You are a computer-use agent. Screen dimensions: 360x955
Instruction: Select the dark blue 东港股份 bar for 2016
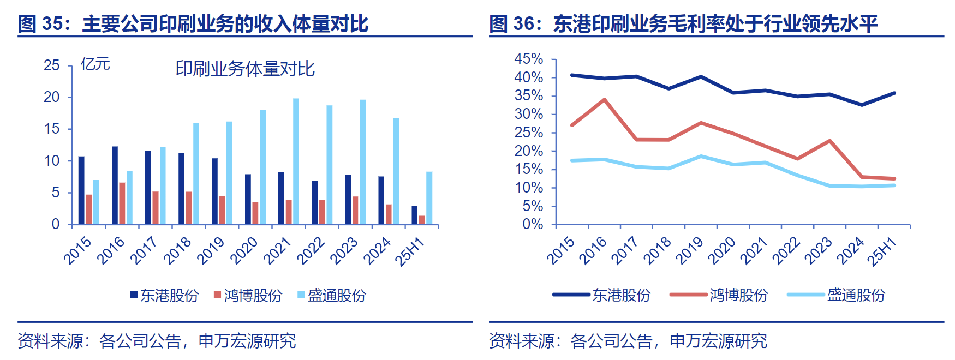[115, 185]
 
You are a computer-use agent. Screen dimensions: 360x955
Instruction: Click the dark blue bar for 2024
[381, 200]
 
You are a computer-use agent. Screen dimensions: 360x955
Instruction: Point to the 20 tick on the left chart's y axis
[52, 97]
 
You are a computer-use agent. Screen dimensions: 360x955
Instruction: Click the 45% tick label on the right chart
[528, 59]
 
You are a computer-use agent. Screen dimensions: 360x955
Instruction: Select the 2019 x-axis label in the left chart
[211, 251]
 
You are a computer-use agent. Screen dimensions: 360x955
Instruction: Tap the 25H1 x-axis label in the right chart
[882, 252]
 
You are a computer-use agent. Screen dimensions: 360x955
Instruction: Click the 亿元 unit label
[95, 64]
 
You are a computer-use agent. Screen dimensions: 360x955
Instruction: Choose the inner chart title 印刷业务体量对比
[245, 69]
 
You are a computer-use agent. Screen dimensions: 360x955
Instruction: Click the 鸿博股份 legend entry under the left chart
[248, 296]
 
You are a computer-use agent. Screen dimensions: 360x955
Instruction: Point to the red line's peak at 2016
[604, 100]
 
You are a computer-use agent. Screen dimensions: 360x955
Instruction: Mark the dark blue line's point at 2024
[862, 105]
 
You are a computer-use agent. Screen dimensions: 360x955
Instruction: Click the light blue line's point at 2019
[701, 157]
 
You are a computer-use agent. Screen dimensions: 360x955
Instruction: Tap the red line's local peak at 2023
[829, 141]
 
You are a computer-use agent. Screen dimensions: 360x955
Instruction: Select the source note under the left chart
[157, 341]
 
